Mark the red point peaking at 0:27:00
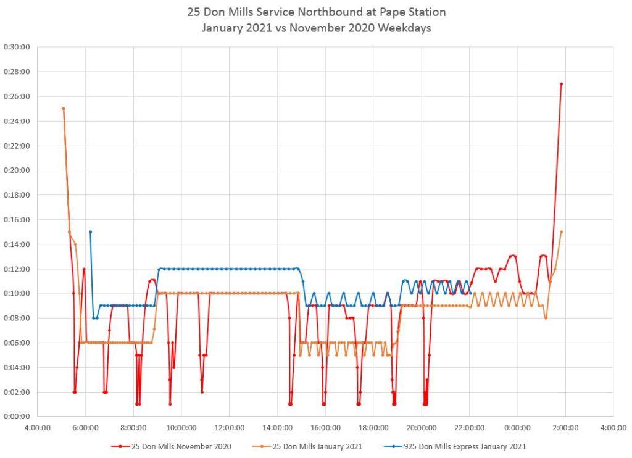[x=561, y=84]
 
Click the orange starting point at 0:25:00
[x=64, y=109]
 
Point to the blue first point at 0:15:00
[x=90, y=232]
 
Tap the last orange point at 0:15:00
[x=561, y=232]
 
